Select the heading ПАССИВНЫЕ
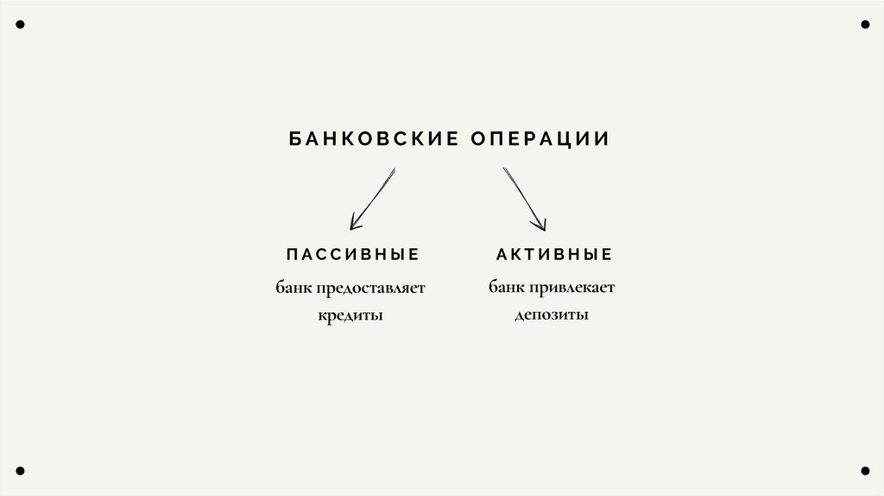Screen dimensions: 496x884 coord(352,255)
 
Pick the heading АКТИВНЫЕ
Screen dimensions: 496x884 coord(554,255)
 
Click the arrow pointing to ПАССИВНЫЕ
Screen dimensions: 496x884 coord(372,199)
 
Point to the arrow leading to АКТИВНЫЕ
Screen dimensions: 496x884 coord(524,199)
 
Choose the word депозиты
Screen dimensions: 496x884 coord(552,315)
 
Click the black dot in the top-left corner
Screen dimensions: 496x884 coord(20,24)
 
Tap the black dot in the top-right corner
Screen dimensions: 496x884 coord(864,24)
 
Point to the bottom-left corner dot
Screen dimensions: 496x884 coord(20,471)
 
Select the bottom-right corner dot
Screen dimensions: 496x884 coord(864,471)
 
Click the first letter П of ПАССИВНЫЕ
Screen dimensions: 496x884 coord(291,255)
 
